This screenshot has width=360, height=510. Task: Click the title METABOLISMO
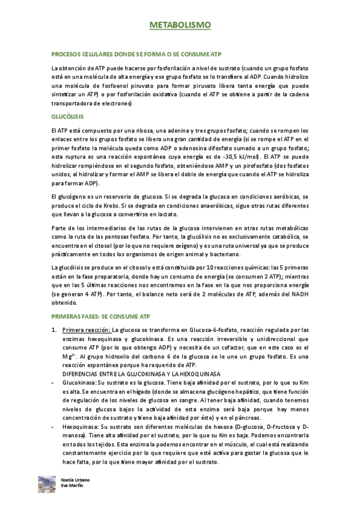[180, 26]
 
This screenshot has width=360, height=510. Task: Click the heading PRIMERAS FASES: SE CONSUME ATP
[104, 315]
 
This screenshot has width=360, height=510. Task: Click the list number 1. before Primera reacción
[55, 330]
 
